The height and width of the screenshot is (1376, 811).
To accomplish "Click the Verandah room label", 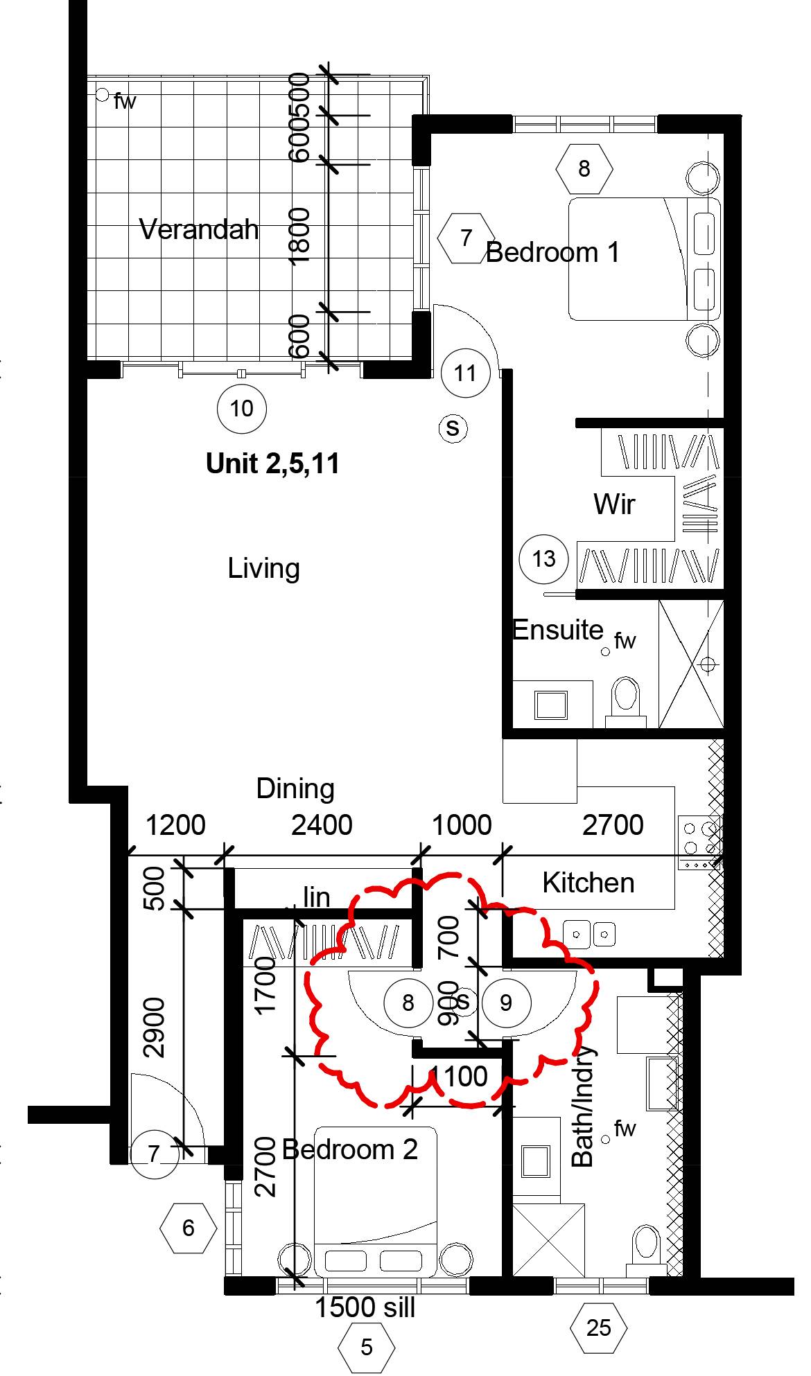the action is pos(199,229).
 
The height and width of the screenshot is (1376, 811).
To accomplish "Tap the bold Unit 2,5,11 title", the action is pos(273,464).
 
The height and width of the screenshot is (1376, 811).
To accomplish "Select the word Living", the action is pos(263,569).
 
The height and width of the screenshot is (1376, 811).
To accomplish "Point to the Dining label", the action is pos(295,788).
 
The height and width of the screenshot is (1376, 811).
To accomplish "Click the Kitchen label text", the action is pos(588,883).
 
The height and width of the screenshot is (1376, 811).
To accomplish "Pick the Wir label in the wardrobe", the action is pos(614,504).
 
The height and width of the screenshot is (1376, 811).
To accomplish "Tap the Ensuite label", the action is pos(558,630).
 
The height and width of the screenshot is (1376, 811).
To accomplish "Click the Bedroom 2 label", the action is pos(350,1149).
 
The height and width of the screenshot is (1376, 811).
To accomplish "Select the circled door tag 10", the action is pos(241,409).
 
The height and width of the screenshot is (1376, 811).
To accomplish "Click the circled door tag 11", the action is pos(465,373).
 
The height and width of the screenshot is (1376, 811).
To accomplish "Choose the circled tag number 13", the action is pos(544,558).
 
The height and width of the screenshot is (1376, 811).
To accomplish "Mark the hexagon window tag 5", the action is pos(367,1347).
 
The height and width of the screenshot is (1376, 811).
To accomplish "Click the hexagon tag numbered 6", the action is pos(189,1228).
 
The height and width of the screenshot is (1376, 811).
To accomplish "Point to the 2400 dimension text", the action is pos(322,825).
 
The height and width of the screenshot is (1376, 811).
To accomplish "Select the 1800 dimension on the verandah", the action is pos(301,236).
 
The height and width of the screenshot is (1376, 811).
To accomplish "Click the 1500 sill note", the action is pos(365,1307).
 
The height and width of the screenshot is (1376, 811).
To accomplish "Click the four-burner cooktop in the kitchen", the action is pos(699,838).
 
